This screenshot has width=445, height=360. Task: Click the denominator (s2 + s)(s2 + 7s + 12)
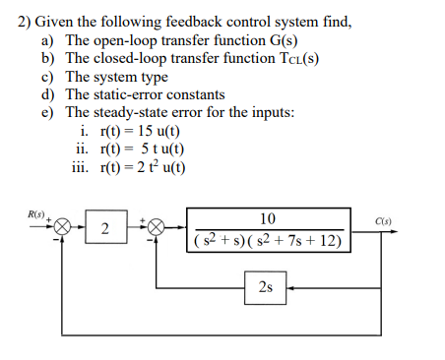point(268,240)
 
